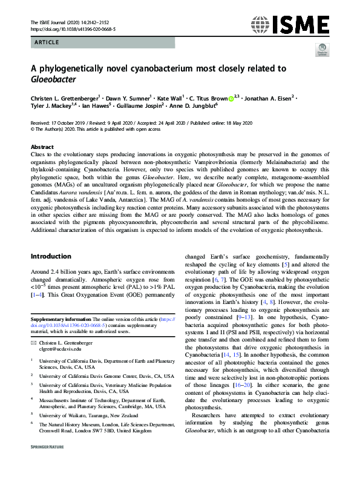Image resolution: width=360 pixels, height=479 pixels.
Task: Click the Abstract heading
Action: pyautogui.click(x=42, y=147)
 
